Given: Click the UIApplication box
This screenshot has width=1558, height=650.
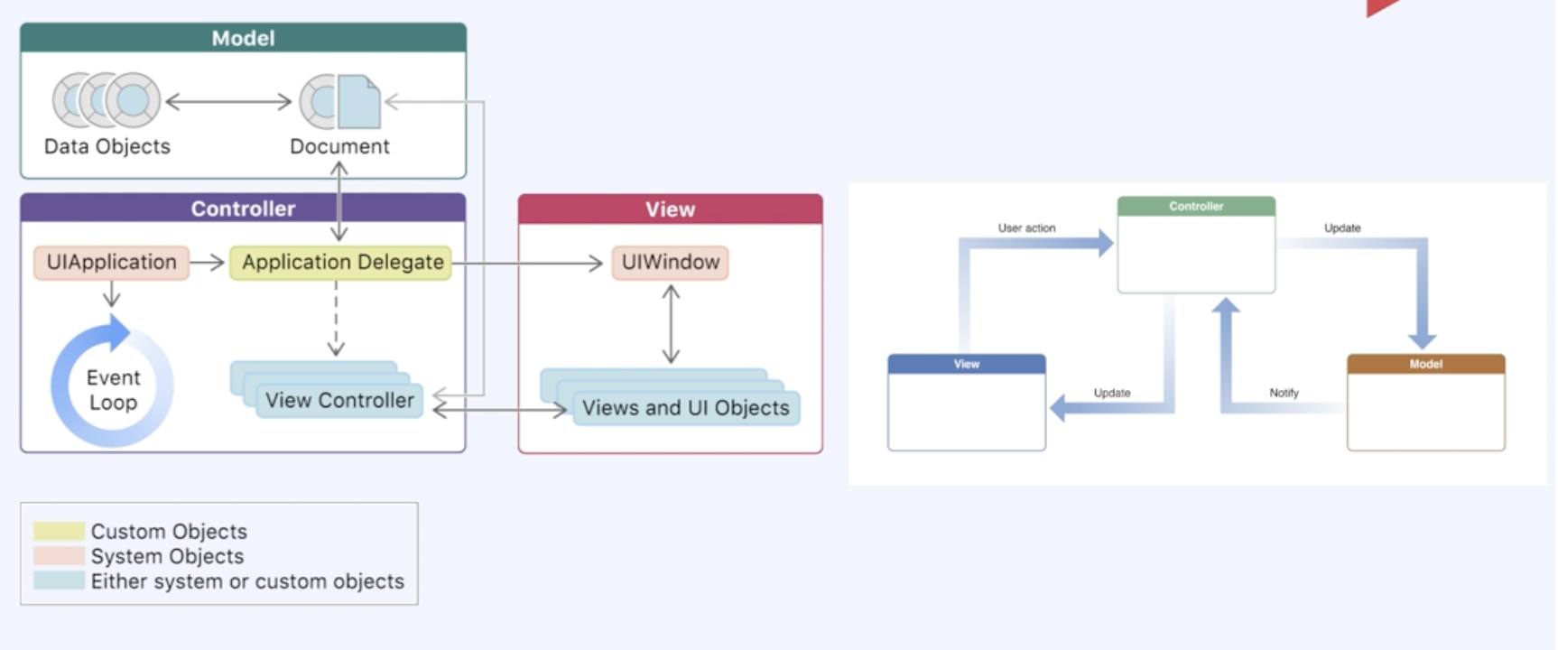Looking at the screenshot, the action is point(112,263).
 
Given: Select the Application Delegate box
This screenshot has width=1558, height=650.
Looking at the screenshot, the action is point(341,263).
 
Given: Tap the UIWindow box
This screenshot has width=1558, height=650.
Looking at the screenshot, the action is point(670,263).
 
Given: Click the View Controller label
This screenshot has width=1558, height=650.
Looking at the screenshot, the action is point(339,400).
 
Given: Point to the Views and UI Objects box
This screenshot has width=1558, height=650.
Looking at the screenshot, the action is point(686,408).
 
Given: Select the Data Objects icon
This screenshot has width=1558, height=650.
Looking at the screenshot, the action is point(107,99).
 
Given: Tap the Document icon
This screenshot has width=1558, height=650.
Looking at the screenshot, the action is point(340,101).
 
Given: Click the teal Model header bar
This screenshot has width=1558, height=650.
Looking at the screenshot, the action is point(243,38).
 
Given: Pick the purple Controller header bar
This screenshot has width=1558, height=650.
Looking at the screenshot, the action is point(243,209).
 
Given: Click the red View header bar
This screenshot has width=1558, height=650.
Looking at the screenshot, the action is point(670,209).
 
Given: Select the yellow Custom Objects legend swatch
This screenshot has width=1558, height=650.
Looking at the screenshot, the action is point(59,531).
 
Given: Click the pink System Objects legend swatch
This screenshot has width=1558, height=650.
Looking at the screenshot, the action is point(59,555).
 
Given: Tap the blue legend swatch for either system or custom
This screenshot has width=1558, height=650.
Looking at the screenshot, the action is point(59,580).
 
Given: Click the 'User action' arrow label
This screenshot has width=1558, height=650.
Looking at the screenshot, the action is point(1026,228).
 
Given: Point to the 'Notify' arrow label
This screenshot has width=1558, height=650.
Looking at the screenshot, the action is point(1284,393).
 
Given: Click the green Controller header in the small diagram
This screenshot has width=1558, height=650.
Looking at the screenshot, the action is point(1196,207).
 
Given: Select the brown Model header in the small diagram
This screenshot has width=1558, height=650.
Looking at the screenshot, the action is point(1425,364).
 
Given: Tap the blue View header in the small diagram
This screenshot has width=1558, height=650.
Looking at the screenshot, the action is point(967,364).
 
